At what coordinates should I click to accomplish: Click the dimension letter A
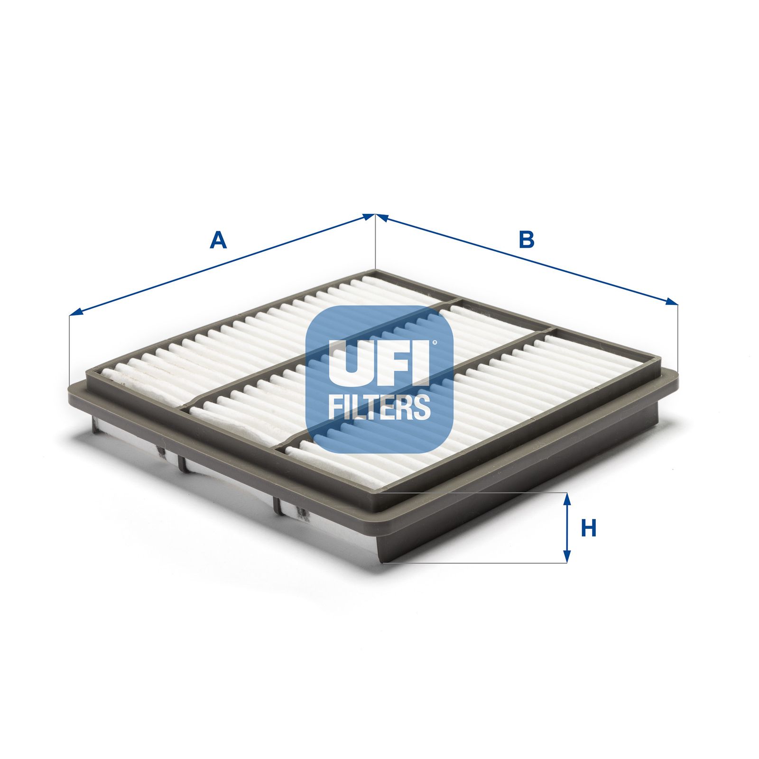coord(218,240)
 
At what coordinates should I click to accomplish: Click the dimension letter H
coord(589,528)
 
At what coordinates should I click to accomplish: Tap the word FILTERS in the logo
coord(379,407)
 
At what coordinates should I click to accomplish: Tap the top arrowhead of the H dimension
coord(566,498)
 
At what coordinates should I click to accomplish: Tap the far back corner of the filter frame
coord(376,271)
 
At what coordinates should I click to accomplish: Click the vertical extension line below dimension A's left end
coord(69,351)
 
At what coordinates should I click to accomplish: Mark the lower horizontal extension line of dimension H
coord(474,563)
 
